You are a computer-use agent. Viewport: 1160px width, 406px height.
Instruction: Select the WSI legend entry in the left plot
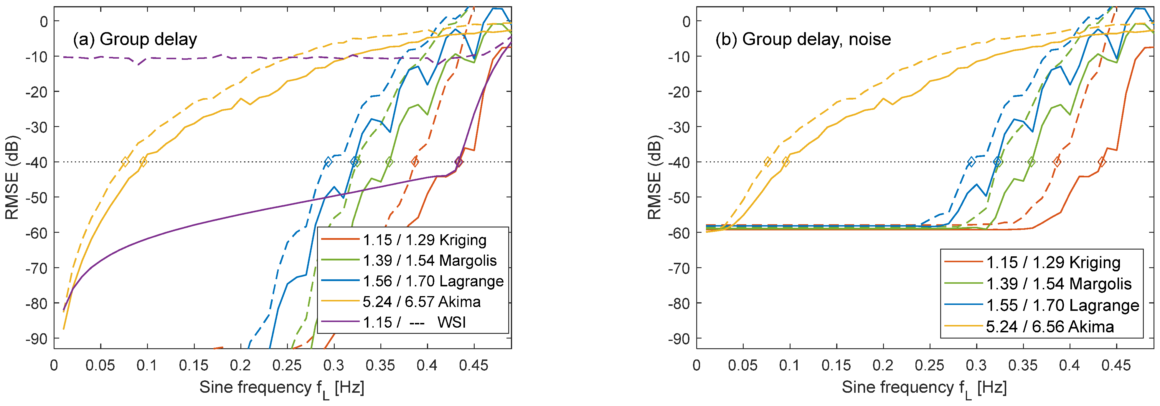414,322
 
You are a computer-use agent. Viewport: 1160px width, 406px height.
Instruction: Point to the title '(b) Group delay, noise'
802,39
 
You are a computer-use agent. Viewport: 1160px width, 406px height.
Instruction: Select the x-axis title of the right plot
924,388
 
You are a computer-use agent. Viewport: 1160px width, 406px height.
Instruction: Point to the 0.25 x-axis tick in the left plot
287,365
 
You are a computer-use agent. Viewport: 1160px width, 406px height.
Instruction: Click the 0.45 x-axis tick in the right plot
1116,365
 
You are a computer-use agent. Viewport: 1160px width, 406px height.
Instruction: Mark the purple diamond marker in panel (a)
459,161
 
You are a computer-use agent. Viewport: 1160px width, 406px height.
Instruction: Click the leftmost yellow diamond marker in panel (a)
125,161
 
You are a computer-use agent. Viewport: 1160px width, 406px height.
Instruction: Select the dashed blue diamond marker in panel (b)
971,161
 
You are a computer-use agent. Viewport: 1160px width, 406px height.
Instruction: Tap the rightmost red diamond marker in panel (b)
1101,161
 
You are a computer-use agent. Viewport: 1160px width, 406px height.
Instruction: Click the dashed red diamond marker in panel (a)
415,161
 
